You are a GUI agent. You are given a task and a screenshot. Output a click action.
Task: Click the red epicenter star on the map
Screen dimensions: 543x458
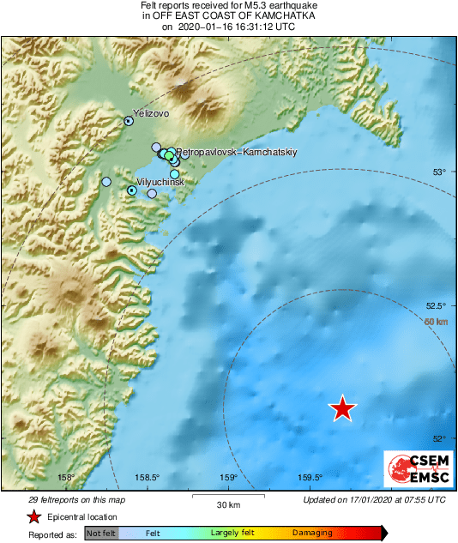343,409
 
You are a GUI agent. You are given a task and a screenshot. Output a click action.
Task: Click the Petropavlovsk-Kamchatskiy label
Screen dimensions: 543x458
237,152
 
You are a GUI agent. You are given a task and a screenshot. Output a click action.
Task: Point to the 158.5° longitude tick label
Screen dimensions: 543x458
147,478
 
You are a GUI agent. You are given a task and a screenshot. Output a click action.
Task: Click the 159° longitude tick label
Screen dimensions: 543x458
227,478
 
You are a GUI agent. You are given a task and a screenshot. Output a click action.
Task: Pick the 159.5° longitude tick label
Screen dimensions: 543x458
309,478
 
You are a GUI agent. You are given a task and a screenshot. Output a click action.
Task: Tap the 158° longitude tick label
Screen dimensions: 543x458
66,478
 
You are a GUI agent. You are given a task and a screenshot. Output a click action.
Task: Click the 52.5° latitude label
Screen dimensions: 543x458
437,306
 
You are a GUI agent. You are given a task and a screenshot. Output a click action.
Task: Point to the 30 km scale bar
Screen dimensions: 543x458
227,497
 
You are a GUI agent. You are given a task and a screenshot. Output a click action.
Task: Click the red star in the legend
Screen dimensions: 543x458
33,516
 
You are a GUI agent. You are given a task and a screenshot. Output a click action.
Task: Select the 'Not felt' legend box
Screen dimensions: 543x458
101,533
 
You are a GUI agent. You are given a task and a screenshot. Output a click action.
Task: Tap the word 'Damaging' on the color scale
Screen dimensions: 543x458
312,533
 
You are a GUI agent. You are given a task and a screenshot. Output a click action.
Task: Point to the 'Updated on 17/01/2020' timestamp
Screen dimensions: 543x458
375,499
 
